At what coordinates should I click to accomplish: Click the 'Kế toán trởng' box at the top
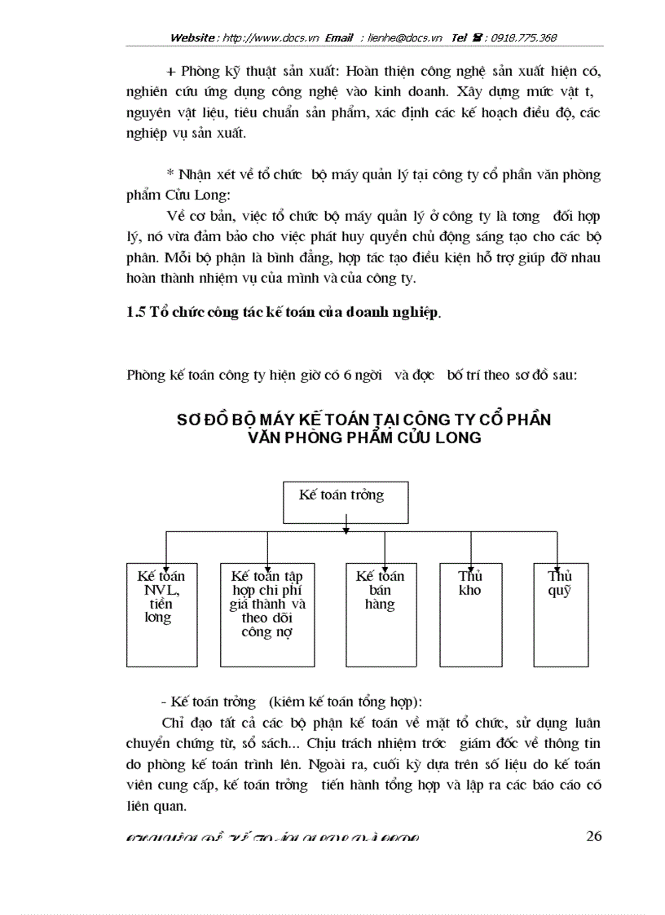pyautogui.click(x=346, y=502)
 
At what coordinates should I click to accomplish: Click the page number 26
pyautogui.click(x=593, y=837)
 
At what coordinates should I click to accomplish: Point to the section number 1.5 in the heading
pyautogui.click(x=137, y=312)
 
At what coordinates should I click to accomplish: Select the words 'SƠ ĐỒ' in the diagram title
pyautogui.click(x=200, y=420)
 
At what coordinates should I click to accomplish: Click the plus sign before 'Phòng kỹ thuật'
pyautogui.click(x=170, y=72)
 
